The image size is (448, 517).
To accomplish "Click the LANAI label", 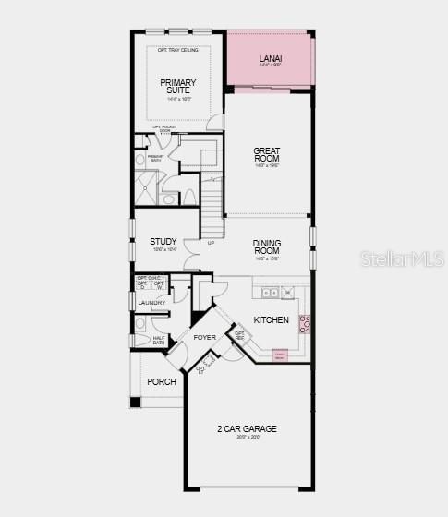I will [271, 59].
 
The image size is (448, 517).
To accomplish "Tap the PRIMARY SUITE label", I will [178, 87].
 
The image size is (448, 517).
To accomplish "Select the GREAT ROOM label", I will [267, 154].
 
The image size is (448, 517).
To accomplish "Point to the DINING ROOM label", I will [267, 246].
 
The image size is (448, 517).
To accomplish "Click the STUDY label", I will [163, 243].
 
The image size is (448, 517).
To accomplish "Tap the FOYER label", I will [204, 337].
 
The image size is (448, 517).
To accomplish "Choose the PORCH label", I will [162, 381].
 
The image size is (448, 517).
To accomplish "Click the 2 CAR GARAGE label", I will [247, 429].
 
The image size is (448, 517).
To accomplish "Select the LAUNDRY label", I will [151, 303].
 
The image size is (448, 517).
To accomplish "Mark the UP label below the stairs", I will [211, 243].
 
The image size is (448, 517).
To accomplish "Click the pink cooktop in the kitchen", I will [305, 323].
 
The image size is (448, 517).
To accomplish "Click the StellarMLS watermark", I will [407, 259].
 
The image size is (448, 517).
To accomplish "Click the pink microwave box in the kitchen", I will [280, 354].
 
